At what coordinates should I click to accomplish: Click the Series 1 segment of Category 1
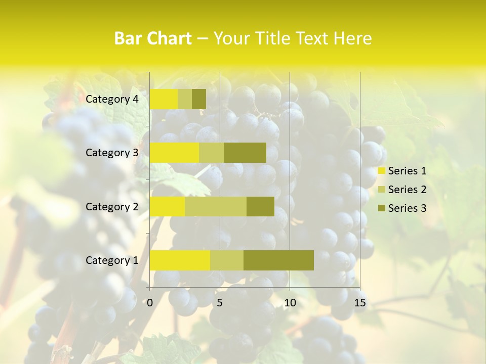pos(180,260)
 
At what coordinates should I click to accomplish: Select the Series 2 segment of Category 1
pos(227,260)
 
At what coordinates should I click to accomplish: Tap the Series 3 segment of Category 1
pos(278,260)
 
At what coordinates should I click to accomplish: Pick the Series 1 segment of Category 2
pos(167,207)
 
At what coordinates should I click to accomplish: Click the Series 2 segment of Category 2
pos(216,207)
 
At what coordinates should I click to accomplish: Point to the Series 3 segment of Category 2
pos(260,207)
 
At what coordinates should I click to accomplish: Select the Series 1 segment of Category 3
pos(174,153)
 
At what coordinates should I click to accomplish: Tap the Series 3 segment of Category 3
pos(245,153)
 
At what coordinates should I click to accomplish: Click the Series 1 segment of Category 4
pos(164,99)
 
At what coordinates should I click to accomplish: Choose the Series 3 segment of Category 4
pos(199,99)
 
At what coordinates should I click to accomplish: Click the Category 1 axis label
pos(112,260)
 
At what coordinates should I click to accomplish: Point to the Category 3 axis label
pos(112,153)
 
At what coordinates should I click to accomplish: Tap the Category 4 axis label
pos(112,99)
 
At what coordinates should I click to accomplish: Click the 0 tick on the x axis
pos(150,303)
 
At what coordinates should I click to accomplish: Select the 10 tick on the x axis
pos(290,303)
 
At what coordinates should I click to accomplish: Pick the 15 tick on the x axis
pos(360,303)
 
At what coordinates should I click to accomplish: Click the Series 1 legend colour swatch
pos(381,171)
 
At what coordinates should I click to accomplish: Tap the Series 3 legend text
pos(407,208)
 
